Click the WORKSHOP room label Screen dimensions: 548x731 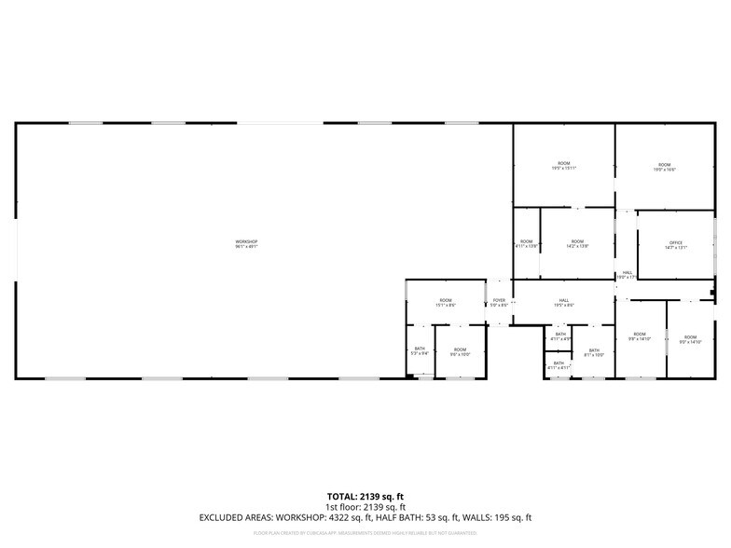[246, 244]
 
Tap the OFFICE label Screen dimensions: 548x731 [676, 245]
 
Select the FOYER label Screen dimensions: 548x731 [500, 302]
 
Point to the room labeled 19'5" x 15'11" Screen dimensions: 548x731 [564, 166]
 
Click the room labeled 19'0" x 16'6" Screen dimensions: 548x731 [664, 167]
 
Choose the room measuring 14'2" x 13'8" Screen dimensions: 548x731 [577, 243]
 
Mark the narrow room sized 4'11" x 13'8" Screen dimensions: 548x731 [527, 243]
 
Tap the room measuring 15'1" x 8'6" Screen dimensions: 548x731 [446, 302]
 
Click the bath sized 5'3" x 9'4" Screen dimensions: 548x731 [420, 351]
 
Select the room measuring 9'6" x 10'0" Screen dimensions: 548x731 [461, 351]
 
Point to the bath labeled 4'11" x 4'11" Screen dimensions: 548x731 [559, 365]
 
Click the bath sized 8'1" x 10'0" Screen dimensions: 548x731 [594, 352]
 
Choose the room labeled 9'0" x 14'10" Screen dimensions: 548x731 [690, 339]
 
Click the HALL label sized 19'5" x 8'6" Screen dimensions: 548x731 [564, 302]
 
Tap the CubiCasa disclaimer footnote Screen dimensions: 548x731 [365, 533]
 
